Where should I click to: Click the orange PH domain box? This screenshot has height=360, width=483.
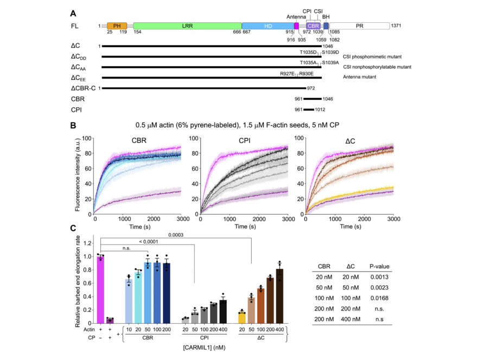117,26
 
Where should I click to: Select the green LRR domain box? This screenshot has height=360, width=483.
187,26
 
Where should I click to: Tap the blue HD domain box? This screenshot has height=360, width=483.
267,26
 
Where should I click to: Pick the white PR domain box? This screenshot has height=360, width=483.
359,26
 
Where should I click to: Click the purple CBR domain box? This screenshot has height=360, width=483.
313,26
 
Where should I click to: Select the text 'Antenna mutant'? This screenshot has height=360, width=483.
360,78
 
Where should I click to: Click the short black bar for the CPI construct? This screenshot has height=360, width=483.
309,109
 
